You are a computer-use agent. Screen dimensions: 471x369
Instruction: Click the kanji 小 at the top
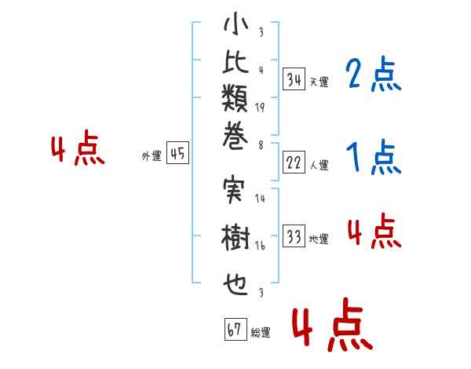236,24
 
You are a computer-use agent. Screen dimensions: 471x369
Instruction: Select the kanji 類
235,98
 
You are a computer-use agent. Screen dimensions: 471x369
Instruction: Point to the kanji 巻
235,136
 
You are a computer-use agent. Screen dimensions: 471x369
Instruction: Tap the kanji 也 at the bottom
235,284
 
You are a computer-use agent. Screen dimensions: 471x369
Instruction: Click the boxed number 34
294,79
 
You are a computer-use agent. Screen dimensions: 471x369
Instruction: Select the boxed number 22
294,163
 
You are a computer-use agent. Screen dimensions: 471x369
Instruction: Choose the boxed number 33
294,236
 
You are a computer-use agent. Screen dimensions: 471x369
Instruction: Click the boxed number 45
177,152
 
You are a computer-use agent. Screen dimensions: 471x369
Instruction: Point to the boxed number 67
235,329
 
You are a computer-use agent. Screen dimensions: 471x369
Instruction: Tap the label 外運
152,156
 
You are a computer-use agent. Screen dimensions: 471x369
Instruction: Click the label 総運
261,332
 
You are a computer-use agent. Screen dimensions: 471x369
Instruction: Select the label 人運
319,165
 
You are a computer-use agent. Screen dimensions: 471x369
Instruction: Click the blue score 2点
373,74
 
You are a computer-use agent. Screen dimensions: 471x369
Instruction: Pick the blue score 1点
374,157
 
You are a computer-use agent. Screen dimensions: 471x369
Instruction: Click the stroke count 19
260,108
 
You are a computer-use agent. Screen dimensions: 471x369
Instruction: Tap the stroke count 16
260,246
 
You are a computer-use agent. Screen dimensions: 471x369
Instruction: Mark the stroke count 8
261,145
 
